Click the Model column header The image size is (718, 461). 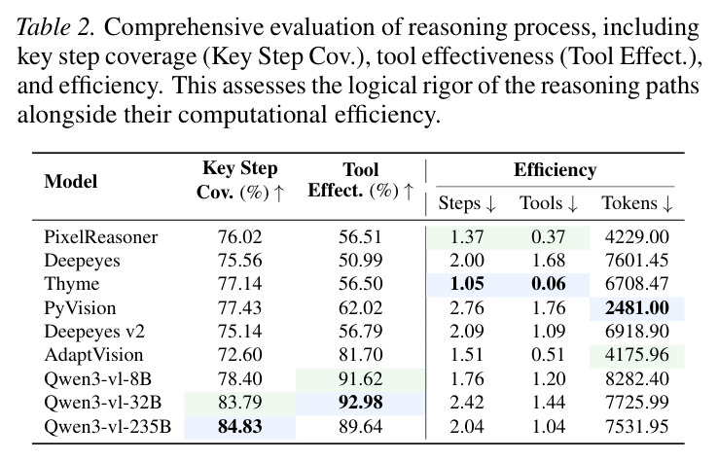(70, 181)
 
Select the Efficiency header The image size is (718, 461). (555, 170)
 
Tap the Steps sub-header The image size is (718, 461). (467, 203)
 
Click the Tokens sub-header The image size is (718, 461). (637, 203)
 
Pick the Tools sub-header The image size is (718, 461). (549, 203)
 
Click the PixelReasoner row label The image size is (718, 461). (101, 237)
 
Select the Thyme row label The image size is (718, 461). (71, 284)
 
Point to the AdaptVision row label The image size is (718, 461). (93, 355)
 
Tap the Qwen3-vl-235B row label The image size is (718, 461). (108, 426)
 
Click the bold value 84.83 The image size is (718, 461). (240, 426)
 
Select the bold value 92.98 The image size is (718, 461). (360, 403)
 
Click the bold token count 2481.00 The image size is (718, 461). (637, 307)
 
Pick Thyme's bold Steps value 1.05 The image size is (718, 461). (467, 284)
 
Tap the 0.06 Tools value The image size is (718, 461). (548, 284)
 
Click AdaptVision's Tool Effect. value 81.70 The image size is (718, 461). (360, 355)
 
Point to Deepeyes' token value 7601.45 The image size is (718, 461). (637, 261)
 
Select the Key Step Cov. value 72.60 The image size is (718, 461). (240, 355)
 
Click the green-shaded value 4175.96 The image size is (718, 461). (637, 355)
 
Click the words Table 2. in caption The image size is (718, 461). (55, 27)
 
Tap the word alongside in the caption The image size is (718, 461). (67, 115)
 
